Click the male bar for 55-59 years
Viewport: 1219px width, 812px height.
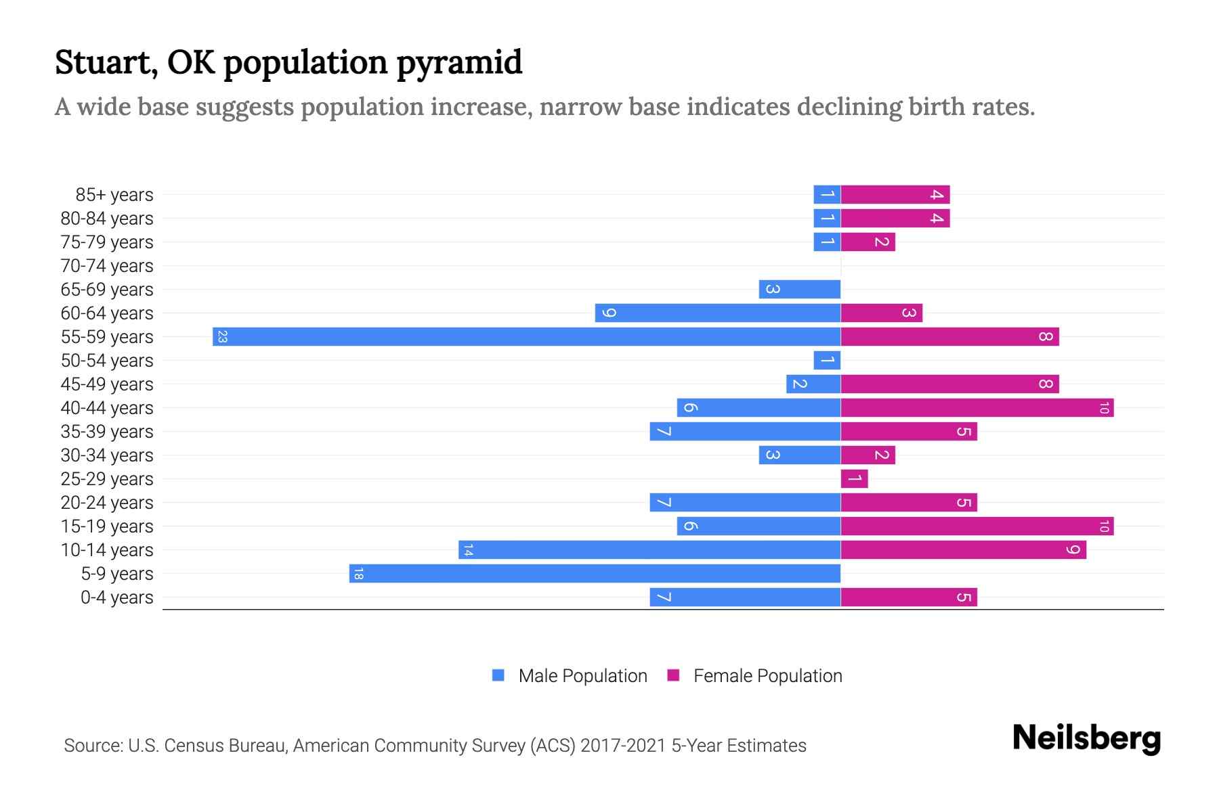pos(526,336)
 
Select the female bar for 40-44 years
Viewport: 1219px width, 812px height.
pos(977,407)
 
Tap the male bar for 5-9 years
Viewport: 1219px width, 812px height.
pos(595,573)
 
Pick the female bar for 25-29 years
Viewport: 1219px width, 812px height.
pos(854,478)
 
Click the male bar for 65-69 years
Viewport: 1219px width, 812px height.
pos(799,289)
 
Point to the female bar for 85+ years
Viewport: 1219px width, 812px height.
pos(895,194)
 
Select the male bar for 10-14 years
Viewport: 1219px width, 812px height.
pos(649,549)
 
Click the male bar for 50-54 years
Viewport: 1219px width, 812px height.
pos(827,360)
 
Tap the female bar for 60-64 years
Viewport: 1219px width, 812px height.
pos(881,313)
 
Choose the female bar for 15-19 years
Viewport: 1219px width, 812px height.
pos(977,526)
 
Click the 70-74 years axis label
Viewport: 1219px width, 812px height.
pos(107,266)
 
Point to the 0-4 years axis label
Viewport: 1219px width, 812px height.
pos(116,597)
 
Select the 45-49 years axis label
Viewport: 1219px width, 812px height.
pos(107,384)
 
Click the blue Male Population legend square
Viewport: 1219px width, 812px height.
pos(498,675)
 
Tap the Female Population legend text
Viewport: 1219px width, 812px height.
pos(767,676)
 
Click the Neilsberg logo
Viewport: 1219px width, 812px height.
pos(1086,738)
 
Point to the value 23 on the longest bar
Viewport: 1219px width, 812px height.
pos(222,336)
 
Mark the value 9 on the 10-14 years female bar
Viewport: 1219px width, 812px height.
pos(1073,549)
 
